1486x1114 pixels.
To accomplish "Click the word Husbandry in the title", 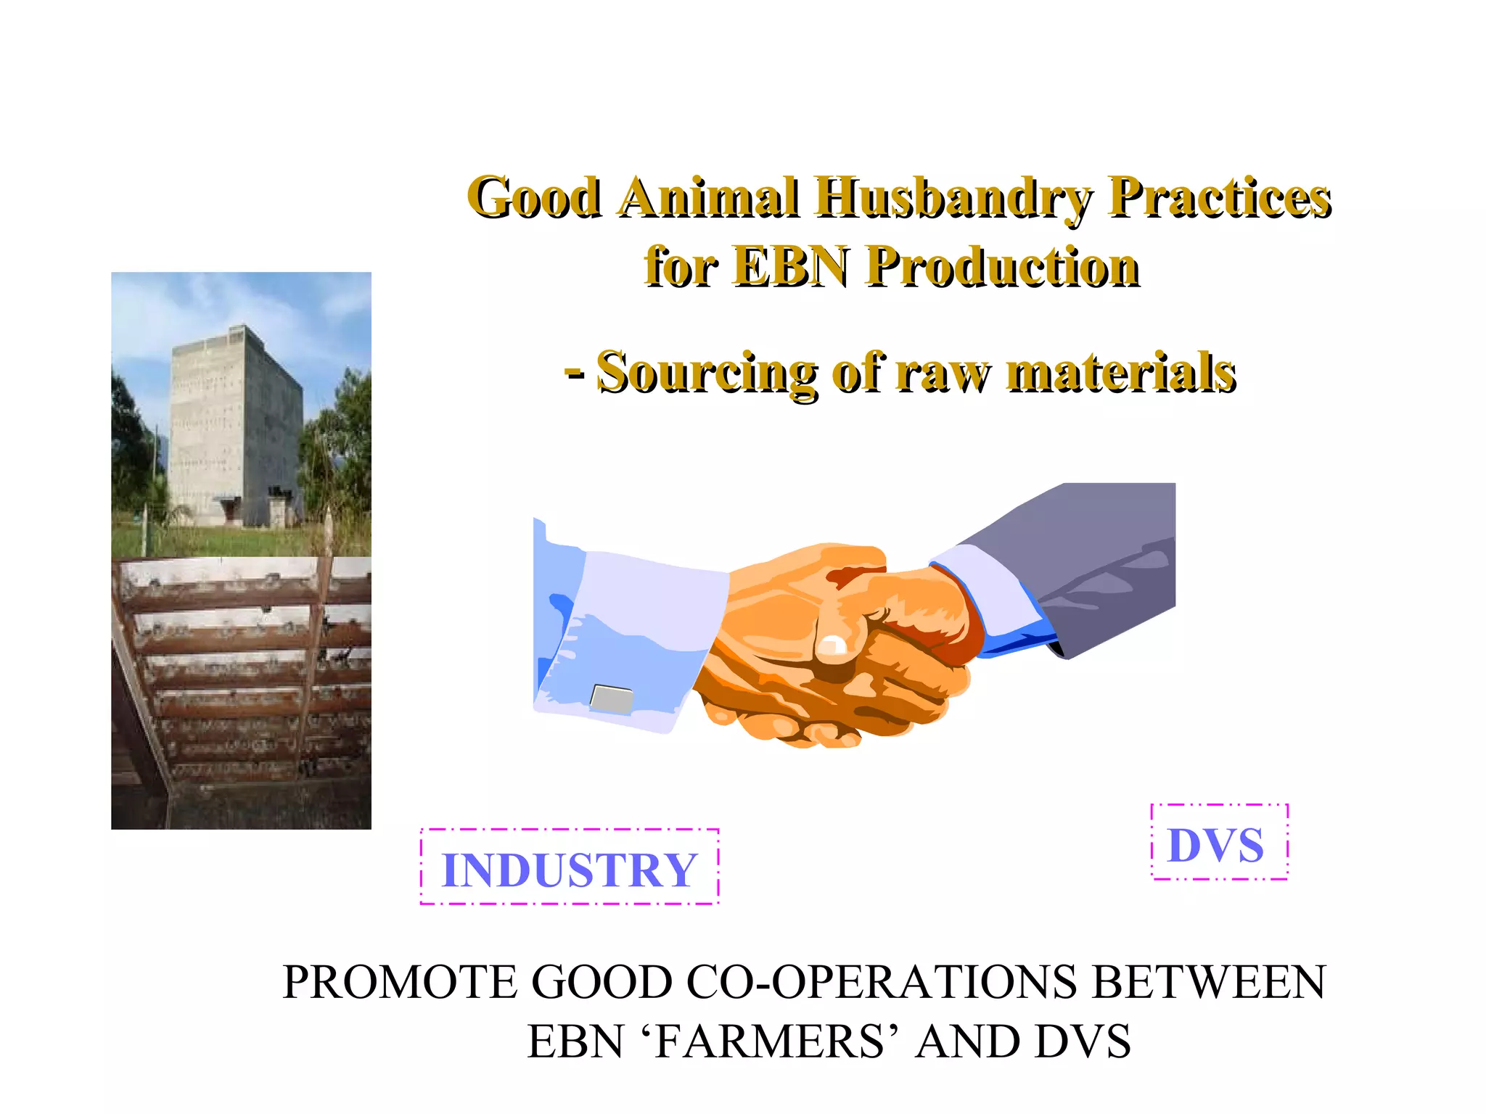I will [952, 197].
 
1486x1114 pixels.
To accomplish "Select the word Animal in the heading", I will [709, 197].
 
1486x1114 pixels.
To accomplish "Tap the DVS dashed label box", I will [1218, 843].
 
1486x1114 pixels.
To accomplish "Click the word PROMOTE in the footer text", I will [399, 983].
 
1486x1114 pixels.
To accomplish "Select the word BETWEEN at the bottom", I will [1209, 983].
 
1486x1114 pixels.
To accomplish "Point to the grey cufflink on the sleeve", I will [612, 698].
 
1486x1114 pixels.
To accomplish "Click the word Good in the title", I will [535, 197].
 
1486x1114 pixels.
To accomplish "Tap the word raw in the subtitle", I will [943, 373].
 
